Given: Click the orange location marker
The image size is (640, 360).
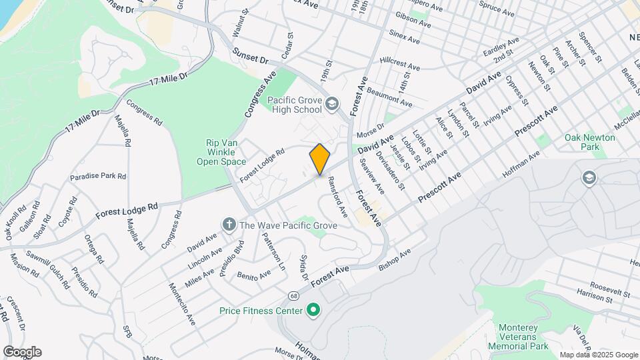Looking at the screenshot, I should (x=320, y=159).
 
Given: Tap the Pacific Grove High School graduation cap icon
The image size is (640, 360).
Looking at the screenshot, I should (x=332, y=105).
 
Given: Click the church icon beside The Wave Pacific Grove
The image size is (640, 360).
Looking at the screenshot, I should (x=229, y=225).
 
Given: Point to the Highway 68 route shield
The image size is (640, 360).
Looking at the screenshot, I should (x=293, y=295).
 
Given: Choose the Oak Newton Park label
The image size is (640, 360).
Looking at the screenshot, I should (x=589, y=141).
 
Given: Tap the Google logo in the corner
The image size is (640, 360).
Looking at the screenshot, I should (x=22, y=351).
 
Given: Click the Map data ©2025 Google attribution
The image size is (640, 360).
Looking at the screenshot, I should (x=597, y=355).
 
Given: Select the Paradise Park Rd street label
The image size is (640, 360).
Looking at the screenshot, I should (x=99, y=177).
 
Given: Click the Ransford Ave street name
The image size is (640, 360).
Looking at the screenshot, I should (x=336, y=200).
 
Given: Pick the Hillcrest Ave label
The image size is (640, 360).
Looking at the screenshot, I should (x=400, y=67).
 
